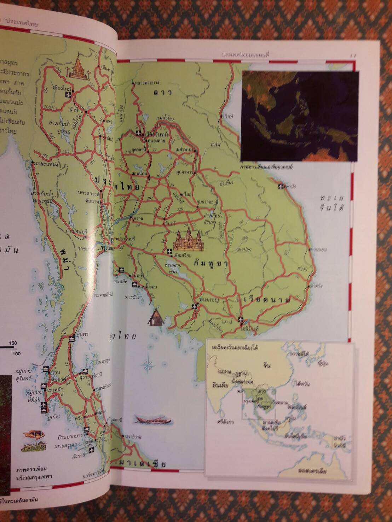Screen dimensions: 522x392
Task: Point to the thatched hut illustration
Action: tap(154, 317)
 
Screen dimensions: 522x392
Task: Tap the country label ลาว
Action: tap(163, 93)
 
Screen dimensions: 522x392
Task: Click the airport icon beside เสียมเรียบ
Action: tap(169, 251)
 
